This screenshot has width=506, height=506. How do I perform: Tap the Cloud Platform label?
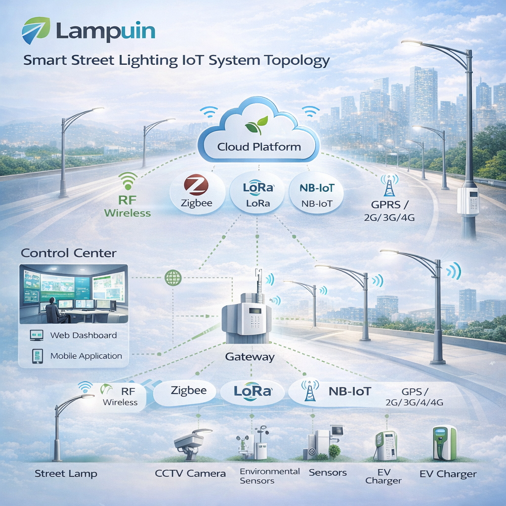pos(259,147)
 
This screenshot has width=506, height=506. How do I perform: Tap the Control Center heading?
pos(69,253)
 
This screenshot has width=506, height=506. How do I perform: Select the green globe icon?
pos(172,277)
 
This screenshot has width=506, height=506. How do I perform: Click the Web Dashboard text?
pos(84,335)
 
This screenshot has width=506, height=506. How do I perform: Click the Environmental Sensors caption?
pos(270,475)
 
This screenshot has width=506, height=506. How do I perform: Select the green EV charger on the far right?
pos(444,443)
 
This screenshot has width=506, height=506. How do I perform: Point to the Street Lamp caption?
pos(66,473)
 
